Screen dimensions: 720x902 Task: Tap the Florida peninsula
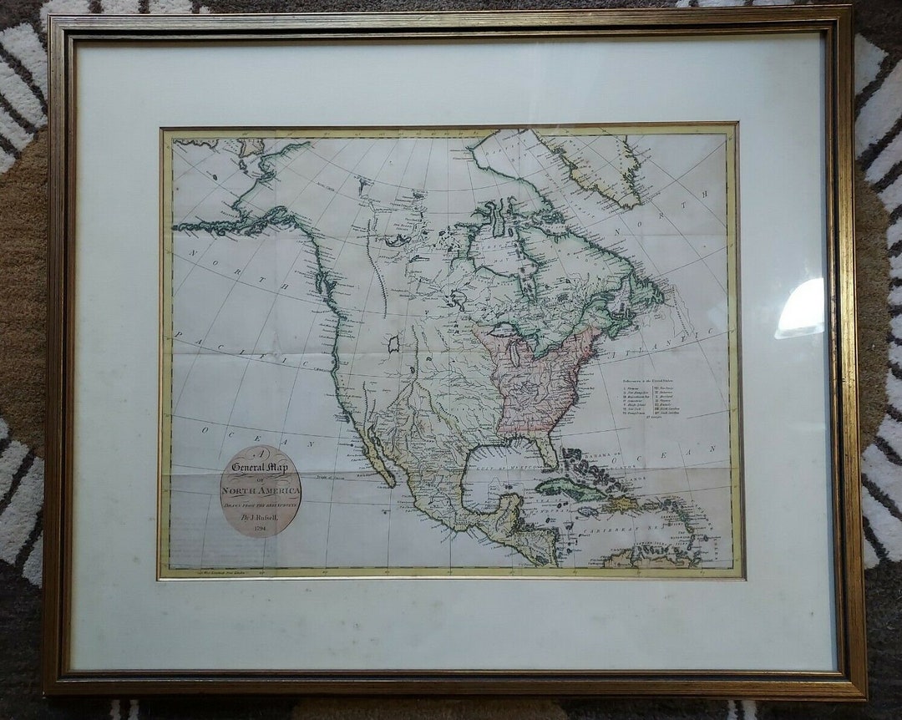coord(547,451)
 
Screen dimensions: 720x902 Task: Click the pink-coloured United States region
coord(535,376)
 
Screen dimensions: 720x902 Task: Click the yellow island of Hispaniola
coord(623,503)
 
